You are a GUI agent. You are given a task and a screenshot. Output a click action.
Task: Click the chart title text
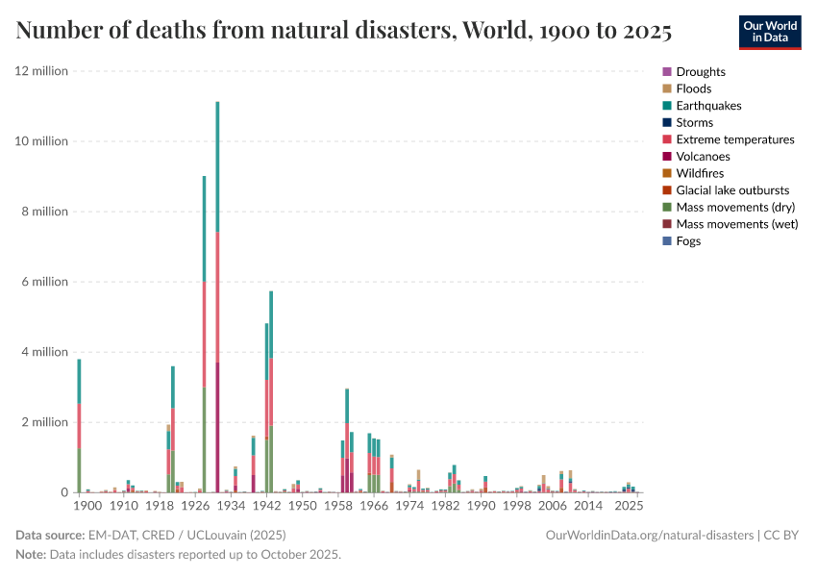[343, 32]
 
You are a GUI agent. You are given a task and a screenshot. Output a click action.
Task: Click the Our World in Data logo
[769, 32]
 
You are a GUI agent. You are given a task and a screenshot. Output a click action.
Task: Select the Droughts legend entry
[700, 72]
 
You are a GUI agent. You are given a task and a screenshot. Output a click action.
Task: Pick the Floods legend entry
[693, 88]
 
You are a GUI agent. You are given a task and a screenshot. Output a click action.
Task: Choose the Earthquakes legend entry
[708, 106]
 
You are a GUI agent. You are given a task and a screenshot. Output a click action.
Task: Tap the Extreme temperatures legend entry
[734, 139]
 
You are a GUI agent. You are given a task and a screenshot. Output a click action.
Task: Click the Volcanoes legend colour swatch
[667, 157]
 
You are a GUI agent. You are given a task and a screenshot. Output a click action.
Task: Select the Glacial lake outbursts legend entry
[732, 190]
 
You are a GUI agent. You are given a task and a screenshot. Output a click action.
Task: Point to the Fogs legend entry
[688, 241]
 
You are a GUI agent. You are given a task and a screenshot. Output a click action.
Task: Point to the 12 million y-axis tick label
[41, 71]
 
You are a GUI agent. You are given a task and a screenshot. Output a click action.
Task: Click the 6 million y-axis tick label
[44, 282]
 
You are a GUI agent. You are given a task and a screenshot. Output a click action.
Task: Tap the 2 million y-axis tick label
[44, 422]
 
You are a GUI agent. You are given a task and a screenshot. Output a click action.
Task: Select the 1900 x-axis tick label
[87, 506]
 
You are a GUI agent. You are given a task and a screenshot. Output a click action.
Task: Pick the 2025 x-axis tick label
[629, 506]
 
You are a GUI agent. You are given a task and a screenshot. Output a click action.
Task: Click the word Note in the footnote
[31, 555]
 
